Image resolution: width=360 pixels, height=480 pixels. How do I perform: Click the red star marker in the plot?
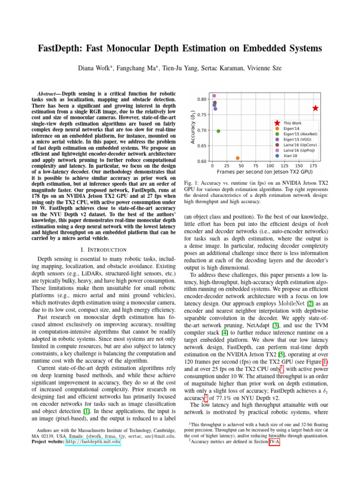(x=315, y=108)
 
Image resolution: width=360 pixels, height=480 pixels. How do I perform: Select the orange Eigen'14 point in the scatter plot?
(x=238, y=158)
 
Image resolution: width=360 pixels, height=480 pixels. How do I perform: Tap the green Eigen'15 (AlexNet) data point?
(x=218, y=131)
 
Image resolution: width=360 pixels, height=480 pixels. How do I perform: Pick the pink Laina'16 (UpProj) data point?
(x=214, y=96)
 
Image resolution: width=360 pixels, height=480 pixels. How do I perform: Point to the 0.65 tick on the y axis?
(x=202, y=146)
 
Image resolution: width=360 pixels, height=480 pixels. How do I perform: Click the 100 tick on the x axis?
(x=270, y=166)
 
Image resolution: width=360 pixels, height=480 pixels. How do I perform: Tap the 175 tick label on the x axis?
(x=313, y=166)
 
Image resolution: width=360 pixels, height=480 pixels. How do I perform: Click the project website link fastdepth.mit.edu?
(x=93, y=442)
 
